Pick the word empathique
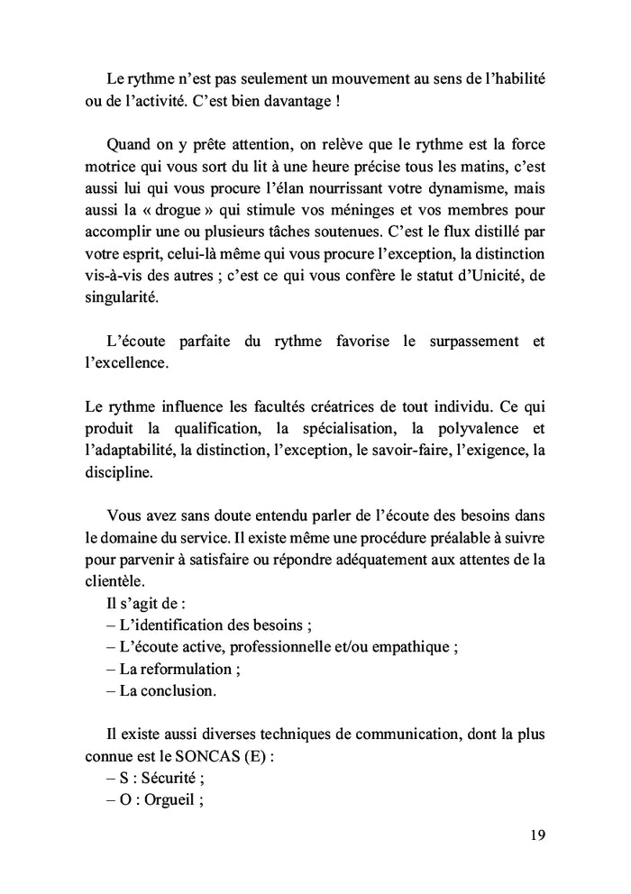point(416,647)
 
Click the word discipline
point(118,472)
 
